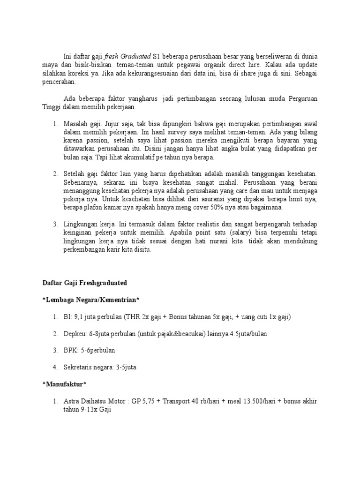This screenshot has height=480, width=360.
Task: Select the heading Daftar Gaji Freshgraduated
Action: click(x=85, y=283)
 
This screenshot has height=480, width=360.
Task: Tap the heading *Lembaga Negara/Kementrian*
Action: click(x=91, y=300)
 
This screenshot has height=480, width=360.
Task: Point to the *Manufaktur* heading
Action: click(x=65, y=384)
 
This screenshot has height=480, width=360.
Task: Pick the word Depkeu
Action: click(x=74, y=334)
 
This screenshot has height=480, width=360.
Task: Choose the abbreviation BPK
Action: click(x=70, y=350)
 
